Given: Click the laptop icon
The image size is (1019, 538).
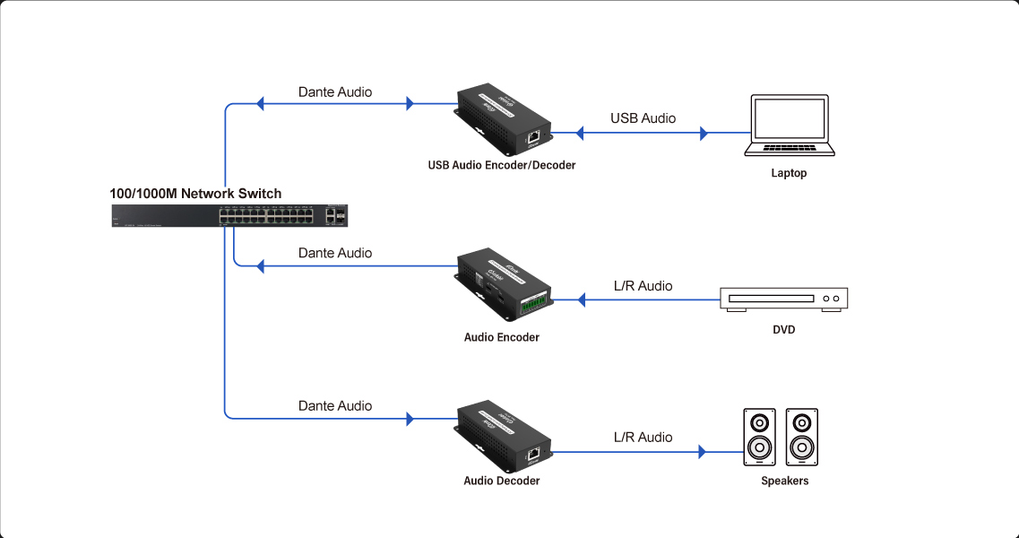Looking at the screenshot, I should click(x=789, y=126).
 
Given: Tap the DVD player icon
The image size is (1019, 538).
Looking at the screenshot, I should click(x=783, y=299).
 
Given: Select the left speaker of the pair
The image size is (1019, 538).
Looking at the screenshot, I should click(x=759, y=437).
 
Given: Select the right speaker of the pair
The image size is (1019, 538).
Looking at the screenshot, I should click(x=801, y=437).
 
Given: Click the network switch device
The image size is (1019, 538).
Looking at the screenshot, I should click(x=229, y=216).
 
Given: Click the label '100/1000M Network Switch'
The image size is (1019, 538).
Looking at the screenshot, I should click(x=195, y=194).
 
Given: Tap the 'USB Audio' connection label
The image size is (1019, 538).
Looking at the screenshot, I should click(x=643, y=118).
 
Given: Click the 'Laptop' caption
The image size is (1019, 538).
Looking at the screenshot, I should click(x=789, y=173).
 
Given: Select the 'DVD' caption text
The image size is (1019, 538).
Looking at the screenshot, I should click(x=784, y=330).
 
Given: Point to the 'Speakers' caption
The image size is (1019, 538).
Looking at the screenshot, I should click(x=784, y=482).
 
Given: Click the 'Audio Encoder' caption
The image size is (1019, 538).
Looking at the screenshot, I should click(x=502, y=337).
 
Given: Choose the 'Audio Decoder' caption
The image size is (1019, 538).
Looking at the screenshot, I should click(x=502, y=481).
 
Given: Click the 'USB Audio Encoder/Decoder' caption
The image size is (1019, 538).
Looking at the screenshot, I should click(x=502, y=165).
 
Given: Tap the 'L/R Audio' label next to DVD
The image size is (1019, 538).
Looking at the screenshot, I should click(x=643, y=286).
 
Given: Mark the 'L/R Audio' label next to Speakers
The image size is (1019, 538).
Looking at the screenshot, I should click(x=643, y=438).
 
